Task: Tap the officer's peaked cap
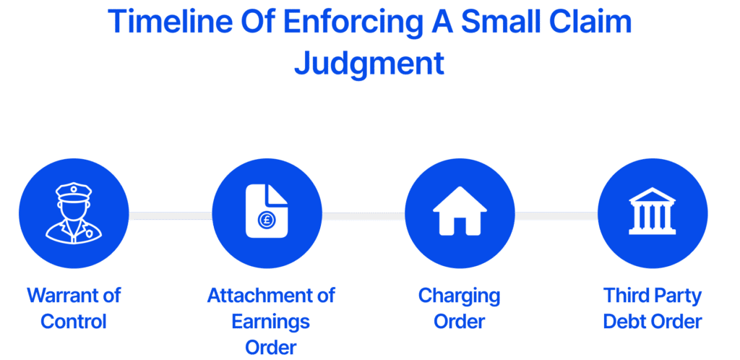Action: [74, 192]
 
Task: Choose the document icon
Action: [266, 211]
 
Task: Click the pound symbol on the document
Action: [265, 220]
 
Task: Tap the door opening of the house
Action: [460, 227]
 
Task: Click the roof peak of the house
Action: [460, 189]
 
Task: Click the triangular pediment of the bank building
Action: [652, 196]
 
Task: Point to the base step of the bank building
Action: [652, 231]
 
